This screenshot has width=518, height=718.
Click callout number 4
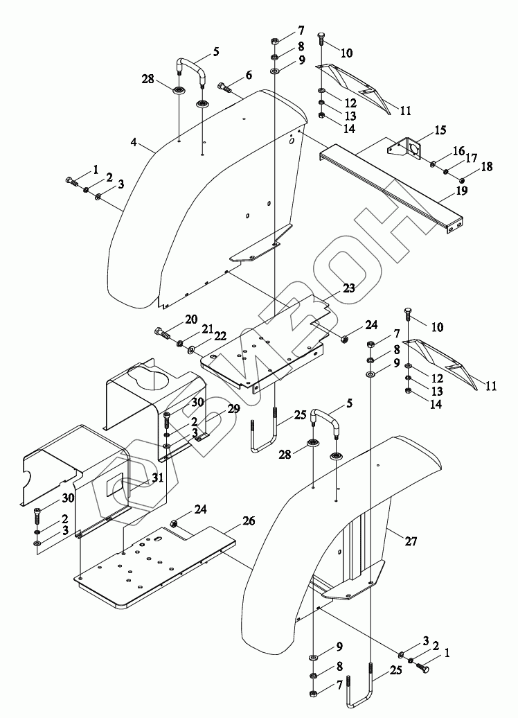coord(133,142)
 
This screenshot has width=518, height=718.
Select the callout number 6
coord(249,75)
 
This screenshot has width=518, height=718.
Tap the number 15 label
coord(440,130)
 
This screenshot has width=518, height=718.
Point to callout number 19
coord(462,191)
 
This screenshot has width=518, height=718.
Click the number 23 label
coord(349,288)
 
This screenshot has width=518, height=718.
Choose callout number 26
coord(249,520)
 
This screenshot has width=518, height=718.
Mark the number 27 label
coord(411,541)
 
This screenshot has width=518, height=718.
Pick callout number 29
coord(233,408)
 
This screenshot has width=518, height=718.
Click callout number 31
coord(157,478)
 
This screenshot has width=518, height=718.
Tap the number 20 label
coord(191,319)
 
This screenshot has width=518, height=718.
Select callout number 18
coord(487,166)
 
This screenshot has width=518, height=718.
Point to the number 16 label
coord(459,150)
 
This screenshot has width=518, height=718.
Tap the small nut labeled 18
coord(462,177)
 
